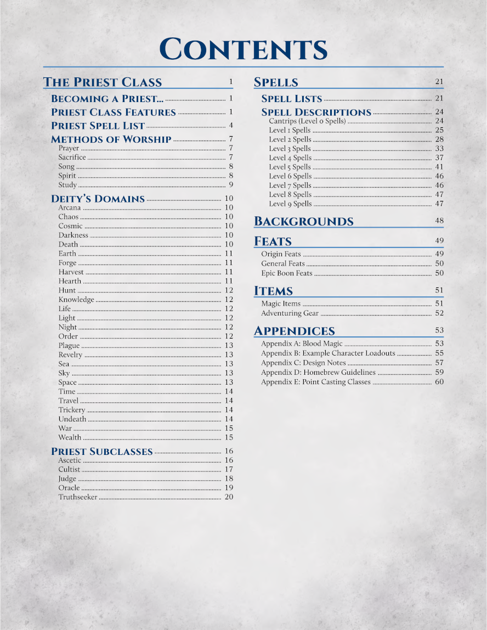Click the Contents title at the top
(x=243, y=50)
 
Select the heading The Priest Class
(x=103, y=82)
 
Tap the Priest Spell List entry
(x=98, y=126)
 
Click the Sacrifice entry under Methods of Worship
(x=72, y=157)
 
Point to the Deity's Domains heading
(x=98, y=199)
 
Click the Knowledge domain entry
(x=76, y=300)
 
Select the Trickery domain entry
(x=72, y=410)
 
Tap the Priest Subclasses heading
(x=101, y=452)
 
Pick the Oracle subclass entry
(x=69, y=488)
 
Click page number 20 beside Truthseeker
(x=229, y=497)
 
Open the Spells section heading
(x=276, y=82)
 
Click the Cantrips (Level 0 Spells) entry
(x=307, y=121)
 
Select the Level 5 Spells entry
(x=290, y=167)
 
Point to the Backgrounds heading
(x=303, y=222)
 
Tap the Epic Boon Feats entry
(x=286, y=273)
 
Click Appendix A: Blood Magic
(x=302, y=344)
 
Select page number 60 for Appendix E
(x=439, y=382)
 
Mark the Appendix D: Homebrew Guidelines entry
(x=318, y=373)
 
